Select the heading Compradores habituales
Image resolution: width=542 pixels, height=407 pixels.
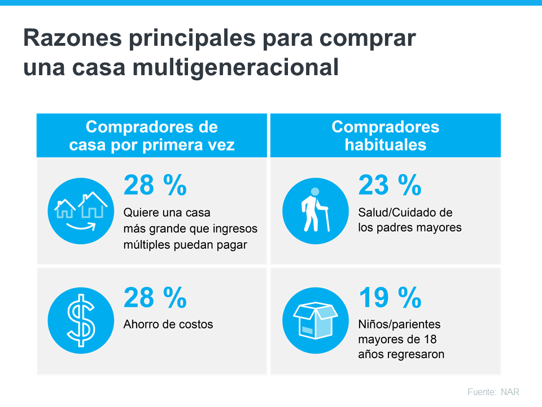pyautogui.click(x=385, y=135)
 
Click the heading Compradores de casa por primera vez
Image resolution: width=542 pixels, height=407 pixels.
pyautogui.click(x=151, y=135)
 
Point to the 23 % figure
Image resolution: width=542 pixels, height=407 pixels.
pyautogui.click(x=390, y=185)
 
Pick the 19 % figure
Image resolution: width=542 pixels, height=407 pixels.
pyautogui.click(x=390, y=297)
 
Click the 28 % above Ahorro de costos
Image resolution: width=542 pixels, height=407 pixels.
pyautogui.click(x=155, y=297)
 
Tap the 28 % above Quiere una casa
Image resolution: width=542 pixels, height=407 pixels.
pyautogui.click(x=155, y=185)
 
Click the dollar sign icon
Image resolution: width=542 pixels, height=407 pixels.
pyautogui.click(x=81, y=319)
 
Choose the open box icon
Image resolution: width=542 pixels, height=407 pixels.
pyautogui.click(x=315, y=319)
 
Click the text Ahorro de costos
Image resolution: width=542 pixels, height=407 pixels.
pyautogui.click(x=168, y=324)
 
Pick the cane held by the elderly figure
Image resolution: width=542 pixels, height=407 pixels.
pyautogui.click(x=325, y=219)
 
